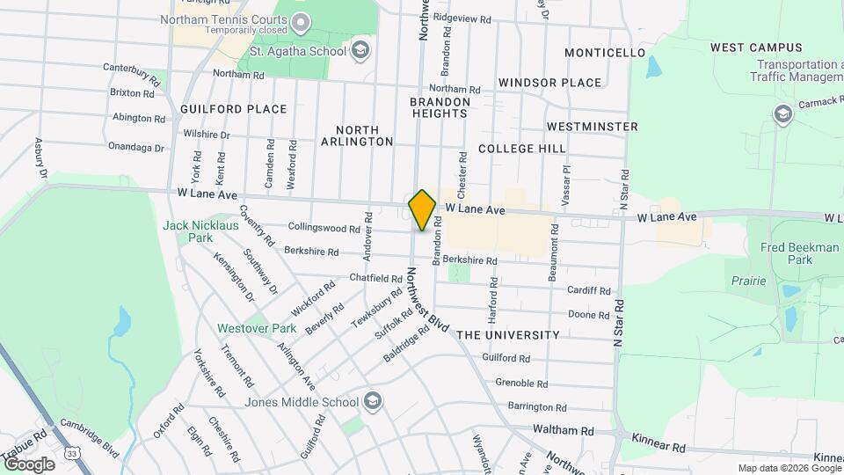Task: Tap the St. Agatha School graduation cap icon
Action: coord(359,50)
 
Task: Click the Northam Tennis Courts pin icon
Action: coord(301,20)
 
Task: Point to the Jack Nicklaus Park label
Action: coord(188,231)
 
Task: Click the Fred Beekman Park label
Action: coord(799,254)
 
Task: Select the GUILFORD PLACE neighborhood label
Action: coord(233,109)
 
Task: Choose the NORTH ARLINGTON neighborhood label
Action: coord(357,135)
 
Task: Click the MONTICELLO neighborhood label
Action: coord(605,53)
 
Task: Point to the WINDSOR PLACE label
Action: coord(549,83)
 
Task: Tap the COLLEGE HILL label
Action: coord(522,149)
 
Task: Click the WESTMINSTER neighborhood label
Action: coord(592,127)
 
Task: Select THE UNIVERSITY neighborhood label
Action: coord(508,335)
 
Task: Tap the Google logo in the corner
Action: coord(28,464)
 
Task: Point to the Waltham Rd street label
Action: coord(564,431)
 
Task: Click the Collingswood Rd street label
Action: coord(324,229)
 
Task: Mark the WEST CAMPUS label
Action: coord(756,47)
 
